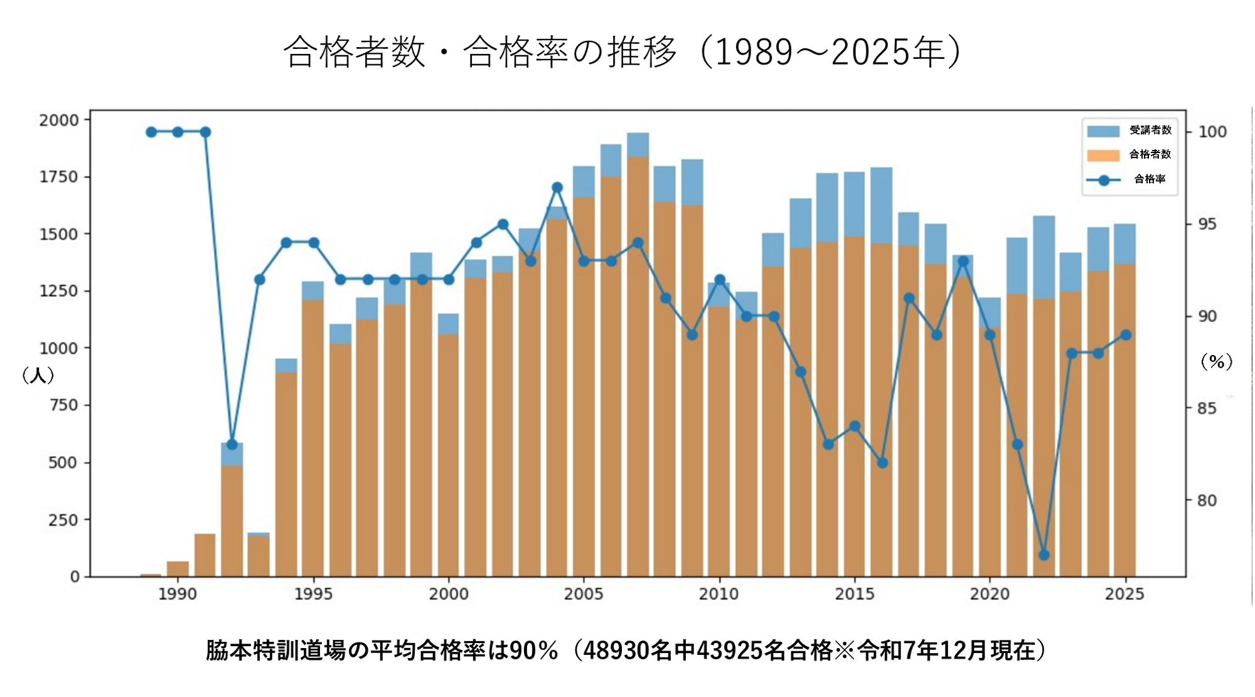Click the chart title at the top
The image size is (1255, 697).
click(x=621, y=51)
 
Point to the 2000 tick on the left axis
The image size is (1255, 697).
click(x=59, y=120)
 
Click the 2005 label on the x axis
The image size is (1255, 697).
click(x=584, y=593)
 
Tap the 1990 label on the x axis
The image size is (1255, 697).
click(x=178, y=593)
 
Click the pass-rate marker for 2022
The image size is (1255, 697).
click(x=1044, y=555)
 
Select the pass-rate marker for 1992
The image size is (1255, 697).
click(x=232, y=445)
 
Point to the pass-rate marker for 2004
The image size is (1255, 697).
click(x=557, y=188)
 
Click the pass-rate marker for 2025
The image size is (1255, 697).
click(x=1126, y=335)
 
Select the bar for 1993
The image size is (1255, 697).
click(x=259, y=555)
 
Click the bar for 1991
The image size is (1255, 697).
click(x=205, y=555)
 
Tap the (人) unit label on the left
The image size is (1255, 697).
click(x=38, y=376)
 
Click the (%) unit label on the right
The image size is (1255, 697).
click(x=1216, y=362)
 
